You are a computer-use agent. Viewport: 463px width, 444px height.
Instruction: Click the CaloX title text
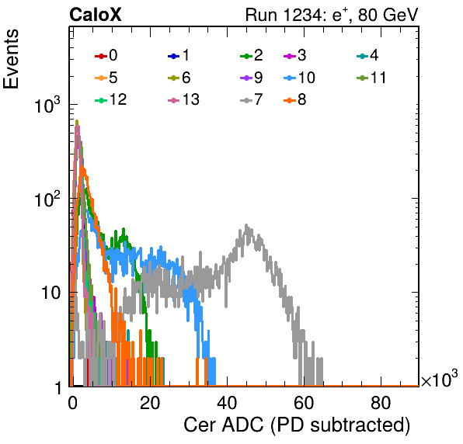[x=95, y=15]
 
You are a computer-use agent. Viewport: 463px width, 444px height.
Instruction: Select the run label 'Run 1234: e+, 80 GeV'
[x=332, y=15]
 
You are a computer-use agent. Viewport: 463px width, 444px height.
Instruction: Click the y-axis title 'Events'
[x=11, y=59]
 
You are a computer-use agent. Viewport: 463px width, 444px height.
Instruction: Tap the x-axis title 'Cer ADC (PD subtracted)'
[x=297, y=425]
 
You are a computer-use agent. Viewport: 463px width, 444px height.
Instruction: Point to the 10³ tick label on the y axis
[x=47, y=105]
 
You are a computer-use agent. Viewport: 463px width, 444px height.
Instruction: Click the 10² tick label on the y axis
[x=47, y=199]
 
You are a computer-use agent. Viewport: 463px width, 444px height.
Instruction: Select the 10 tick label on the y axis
[x=50, y=293]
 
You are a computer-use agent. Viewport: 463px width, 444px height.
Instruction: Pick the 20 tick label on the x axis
[x=150, y=403]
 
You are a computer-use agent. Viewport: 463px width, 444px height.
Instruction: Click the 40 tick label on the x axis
[x=227, y=403]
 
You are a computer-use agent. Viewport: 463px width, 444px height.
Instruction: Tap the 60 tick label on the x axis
[x=304, y=403]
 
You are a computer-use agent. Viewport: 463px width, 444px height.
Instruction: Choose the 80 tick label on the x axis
[x=381, y=403]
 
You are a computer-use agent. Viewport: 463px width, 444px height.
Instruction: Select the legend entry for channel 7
[x=252, y=99]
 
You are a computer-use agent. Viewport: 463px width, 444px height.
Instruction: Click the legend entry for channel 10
[x=299, y=78]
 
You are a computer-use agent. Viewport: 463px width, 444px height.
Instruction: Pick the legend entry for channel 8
[x=295, y=99]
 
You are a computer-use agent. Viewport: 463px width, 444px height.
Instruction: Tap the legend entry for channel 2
[x=252, y=55]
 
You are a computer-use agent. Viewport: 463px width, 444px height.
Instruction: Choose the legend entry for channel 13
[x=183, y=99]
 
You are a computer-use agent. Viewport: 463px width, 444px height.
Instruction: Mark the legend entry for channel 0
[x=106, y=55]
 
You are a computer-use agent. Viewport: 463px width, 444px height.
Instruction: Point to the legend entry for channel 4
[x=367, y=55]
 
